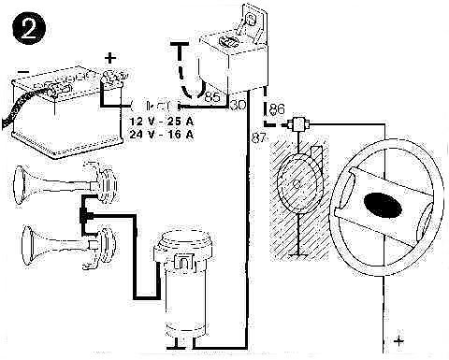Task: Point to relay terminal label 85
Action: pos(212,95)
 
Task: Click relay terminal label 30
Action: pos(237,105)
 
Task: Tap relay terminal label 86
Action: pos(276,110)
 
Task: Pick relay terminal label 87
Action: pos(260,137)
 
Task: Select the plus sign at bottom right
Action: pos(399,341)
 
